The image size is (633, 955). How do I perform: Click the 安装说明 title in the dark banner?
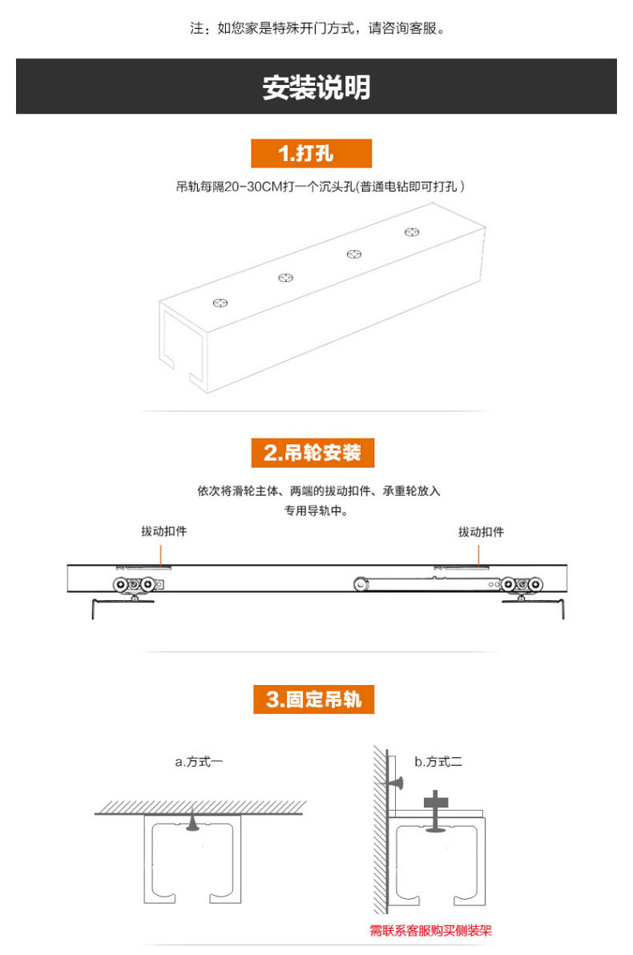click(x=316, y=87)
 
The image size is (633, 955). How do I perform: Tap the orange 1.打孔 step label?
click(x=311, y=153)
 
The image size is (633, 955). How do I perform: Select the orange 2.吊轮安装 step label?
click(x=312, y=453)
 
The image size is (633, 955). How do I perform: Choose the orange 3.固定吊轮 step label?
click(x=312, y=699)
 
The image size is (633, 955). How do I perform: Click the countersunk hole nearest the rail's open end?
click(x=220, y=303)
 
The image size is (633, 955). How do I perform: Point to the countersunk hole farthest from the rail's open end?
click(x=412, y=232)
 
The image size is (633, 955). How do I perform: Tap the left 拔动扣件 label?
click(x=164, y=531)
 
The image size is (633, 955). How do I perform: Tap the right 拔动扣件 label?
click(x=481, y=531)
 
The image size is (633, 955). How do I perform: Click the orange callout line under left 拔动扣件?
click(x=161, y=554)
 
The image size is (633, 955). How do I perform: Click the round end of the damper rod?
click(x=361, y=585)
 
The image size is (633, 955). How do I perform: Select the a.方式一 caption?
click(x=199, y=761)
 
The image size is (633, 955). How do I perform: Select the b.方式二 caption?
click(x=438, y=761)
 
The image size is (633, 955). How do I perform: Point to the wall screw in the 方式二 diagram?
click(x=395, y=779)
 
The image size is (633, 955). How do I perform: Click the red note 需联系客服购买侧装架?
click(x=430, y=930)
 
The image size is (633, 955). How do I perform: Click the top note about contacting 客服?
click(x=316, y=29)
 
